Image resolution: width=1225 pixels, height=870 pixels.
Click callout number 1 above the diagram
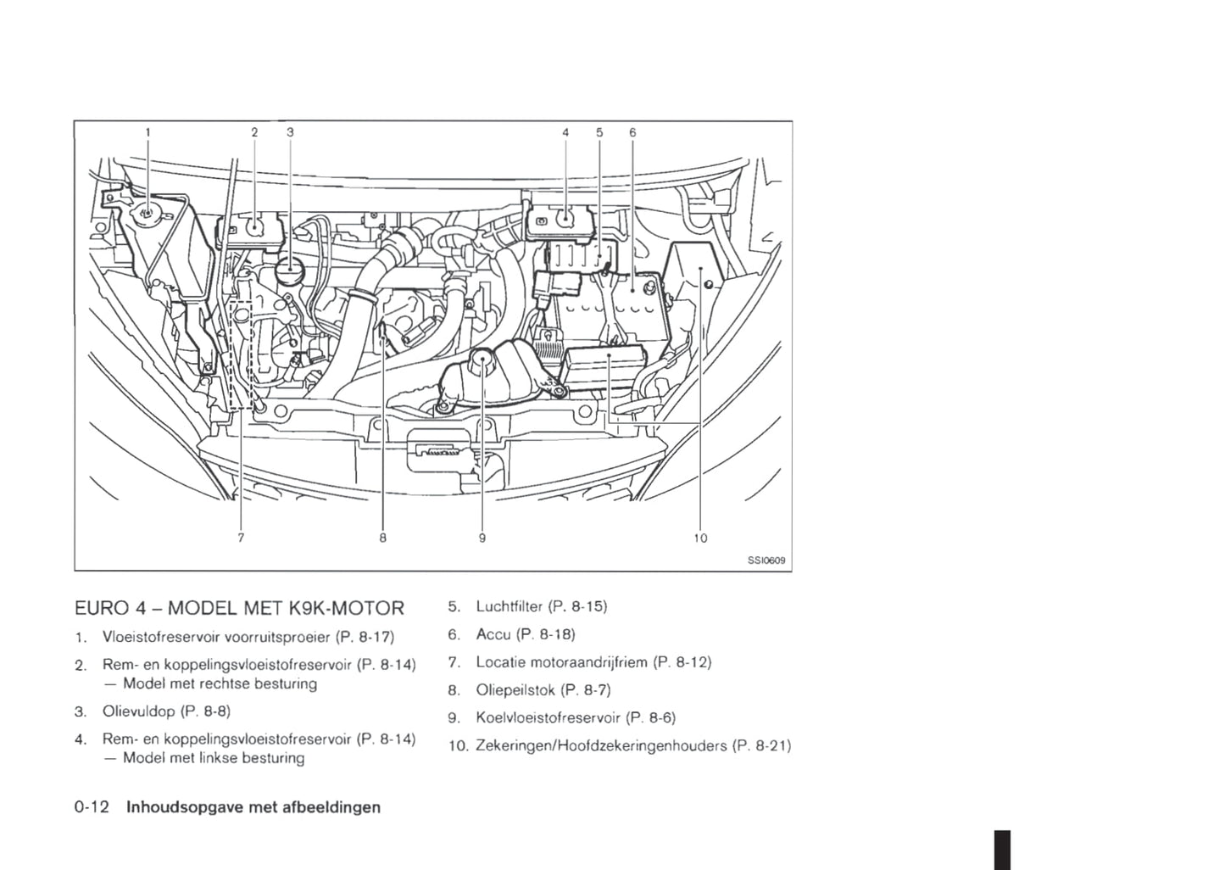click(148, 132)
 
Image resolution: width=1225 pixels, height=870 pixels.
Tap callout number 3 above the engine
click(290, 132)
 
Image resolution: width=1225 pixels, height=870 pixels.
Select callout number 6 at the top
click(632, 132)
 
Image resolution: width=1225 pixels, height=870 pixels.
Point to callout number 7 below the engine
click(241, 538)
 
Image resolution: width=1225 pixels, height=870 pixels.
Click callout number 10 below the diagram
click(700, 538)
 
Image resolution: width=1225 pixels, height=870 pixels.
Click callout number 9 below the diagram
click(482, 538)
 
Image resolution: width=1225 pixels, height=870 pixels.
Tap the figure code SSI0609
click(766, 560)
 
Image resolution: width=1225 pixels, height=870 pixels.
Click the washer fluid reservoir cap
click(147, 214)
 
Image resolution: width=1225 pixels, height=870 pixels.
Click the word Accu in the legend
click(493, 634)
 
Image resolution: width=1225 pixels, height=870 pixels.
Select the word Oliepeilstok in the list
click(515, 690)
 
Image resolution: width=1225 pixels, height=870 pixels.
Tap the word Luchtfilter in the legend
click(509, 606)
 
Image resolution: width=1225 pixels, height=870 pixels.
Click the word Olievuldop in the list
click(138, 711)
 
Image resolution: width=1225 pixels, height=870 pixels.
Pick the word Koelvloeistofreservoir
click(548, 717)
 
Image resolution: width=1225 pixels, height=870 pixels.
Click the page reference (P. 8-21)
click(761, 746)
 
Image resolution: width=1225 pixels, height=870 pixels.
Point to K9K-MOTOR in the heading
click(346, 608)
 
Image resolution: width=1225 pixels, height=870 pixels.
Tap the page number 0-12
click(92, 807)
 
